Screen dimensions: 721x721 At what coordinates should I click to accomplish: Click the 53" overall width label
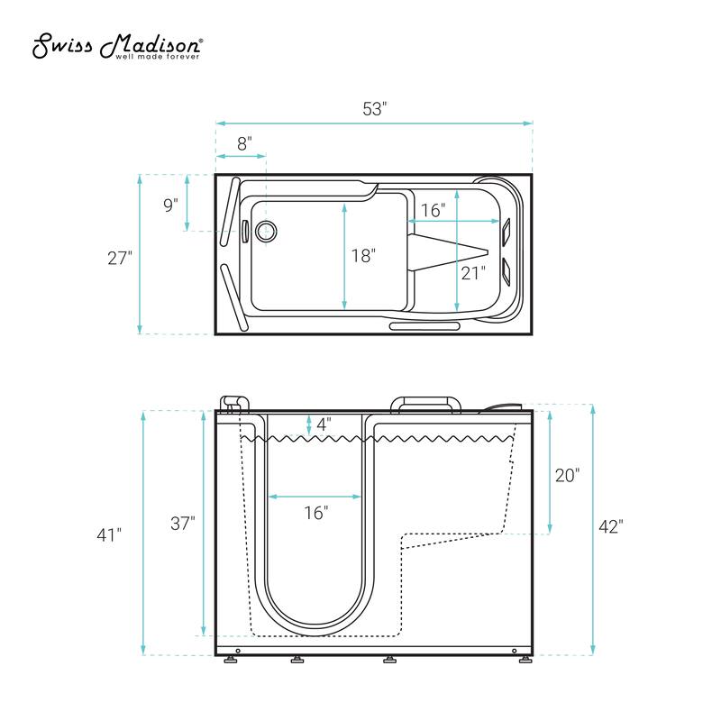(374, 109)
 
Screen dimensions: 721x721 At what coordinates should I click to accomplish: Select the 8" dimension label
(244, 142)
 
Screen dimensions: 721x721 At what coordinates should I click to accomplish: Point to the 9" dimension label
(170, 205)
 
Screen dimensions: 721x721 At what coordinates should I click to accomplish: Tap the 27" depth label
(119, 257)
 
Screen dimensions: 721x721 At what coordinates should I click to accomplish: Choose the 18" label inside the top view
(363, 255)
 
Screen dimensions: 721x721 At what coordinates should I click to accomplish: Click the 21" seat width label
(473, 272)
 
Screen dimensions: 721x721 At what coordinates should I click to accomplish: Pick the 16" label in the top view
(433, 210)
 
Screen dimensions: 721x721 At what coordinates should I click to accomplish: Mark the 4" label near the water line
(324, 422)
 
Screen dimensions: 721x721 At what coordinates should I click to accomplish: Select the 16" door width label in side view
(315, 513)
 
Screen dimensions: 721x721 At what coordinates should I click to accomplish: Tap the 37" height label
(182, 523)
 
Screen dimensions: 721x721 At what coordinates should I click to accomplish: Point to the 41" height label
(109, 534)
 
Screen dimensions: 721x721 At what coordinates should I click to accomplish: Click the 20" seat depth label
(567, 475)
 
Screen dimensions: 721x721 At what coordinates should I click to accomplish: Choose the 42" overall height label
(610, 527)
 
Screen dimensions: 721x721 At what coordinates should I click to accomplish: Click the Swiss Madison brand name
(117, 45)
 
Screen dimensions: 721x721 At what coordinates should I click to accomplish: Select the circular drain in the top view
(265, 231)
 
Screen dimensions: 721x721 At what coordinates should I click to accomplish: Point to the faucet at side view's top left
(235, 404)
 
